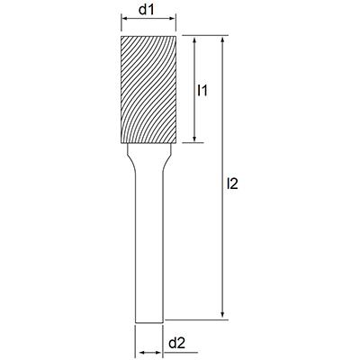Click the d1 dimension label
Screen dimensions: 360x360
tap(146, 10)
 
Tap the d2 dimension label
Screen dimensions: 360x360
tap(176, 343)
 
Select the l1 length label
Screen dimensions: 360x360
tap(202, 90)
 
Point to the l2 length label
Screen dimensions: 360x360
tap(232, 184)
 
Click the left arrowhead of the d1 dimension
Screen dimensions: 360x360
tap(123, 19)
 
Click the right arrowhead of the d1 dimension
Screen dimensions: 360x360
tap(173, 19)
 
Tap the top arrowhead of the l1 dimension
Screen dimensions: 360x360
tap(194, 40)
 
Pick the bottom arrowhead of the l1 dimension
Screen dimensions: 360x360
tap(194, 139)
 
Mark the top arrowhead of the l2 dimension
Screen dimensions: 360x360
tap(222, 40)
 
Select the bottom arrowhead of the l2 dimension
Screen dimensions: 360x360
tap(222, 314)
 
